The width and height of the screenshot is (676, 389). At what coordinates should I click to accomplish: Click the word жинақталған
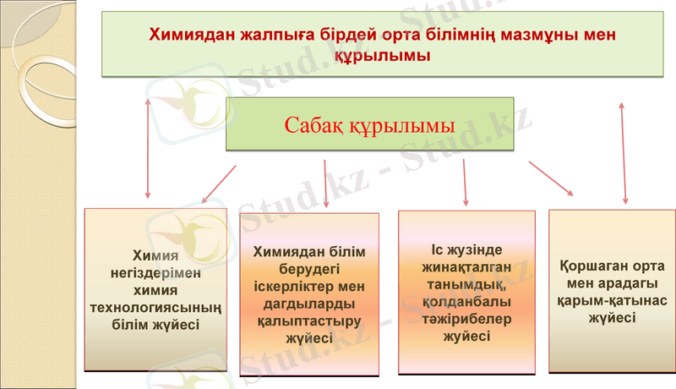click(x=467, y=268)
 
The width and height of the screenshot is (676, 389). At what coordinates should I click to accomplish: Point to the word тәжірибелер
click(x=467, y=319)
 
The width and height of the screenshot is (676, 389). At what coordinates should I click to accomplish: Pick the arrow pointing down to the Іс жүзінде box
click(x=465, y=183)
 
